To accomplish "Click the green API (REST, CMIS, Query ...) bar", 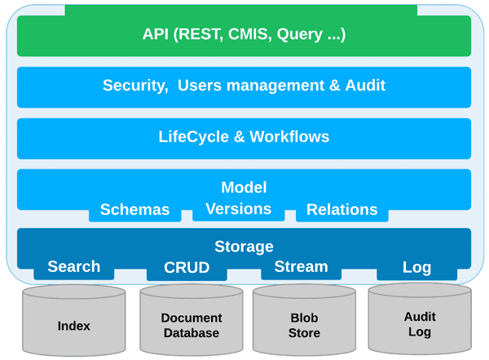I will pyautogui.click(x=244, y=35).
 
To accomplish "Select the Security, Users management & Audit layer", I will pyautogui.click(x=244, y=86).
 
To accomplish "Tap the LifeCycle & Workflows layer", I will pyautogui.click(x=244, y=137).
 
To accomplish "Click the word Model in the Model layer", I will pyautogui.click(x=244, y=187).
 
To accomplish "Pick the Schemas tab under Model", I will pyautogui.click(x=134, y=210).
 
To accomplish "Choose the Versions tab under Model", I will pyautogui.click(x=238, y=209).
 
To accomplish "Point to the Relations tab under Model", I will pyautogui.click(x=341, y=210).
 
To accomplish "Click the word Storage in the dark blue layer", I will pyautogui.click(x=244, y=246).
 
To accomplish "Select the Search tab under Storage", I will pyautogui.click(x=74, y=267).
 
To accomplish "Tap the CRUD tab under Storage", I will pyautogui.click(x=187, y=268).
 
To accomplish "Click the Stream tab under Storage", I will pyautogui.click(x=301, y=267).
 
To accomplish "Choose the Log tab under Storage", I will pyautogui.click(x=416, y=268).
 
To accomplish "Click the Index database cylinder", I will pyautogui.click(x=74, y=326).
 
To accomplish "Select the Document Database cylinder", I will pyautogui.click(x=190, y=326).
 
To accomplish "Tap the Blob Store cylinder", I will pyautogui.click(x=304, y=326).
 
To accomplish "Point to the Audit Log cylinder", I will pyautogui.click(x=420, y=324).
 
